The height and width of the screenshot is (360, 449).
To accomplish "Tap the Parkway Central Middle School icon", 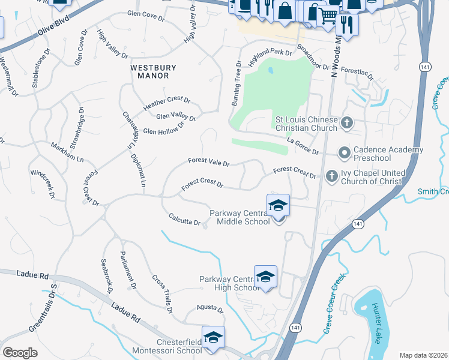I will point(278,206).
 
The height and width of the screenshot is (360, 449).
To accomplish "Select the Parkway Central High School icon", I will point(265,277).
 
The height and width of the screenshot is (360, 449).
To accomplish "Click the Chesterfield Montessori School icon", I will point(213,337).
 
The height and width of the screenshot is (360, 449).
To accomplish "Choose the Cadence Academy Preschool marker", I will point(345,153).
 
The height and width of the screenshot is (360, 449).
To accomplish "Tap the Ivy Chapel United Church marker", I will point(331,176).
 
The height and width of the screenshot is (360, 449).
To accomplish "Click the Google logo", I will point(20,353).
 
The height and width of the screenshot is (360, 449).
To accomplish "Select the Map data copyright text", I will point(424,355).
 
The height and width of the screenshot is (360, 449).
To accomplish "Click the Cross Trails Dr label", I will point(162,295).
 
